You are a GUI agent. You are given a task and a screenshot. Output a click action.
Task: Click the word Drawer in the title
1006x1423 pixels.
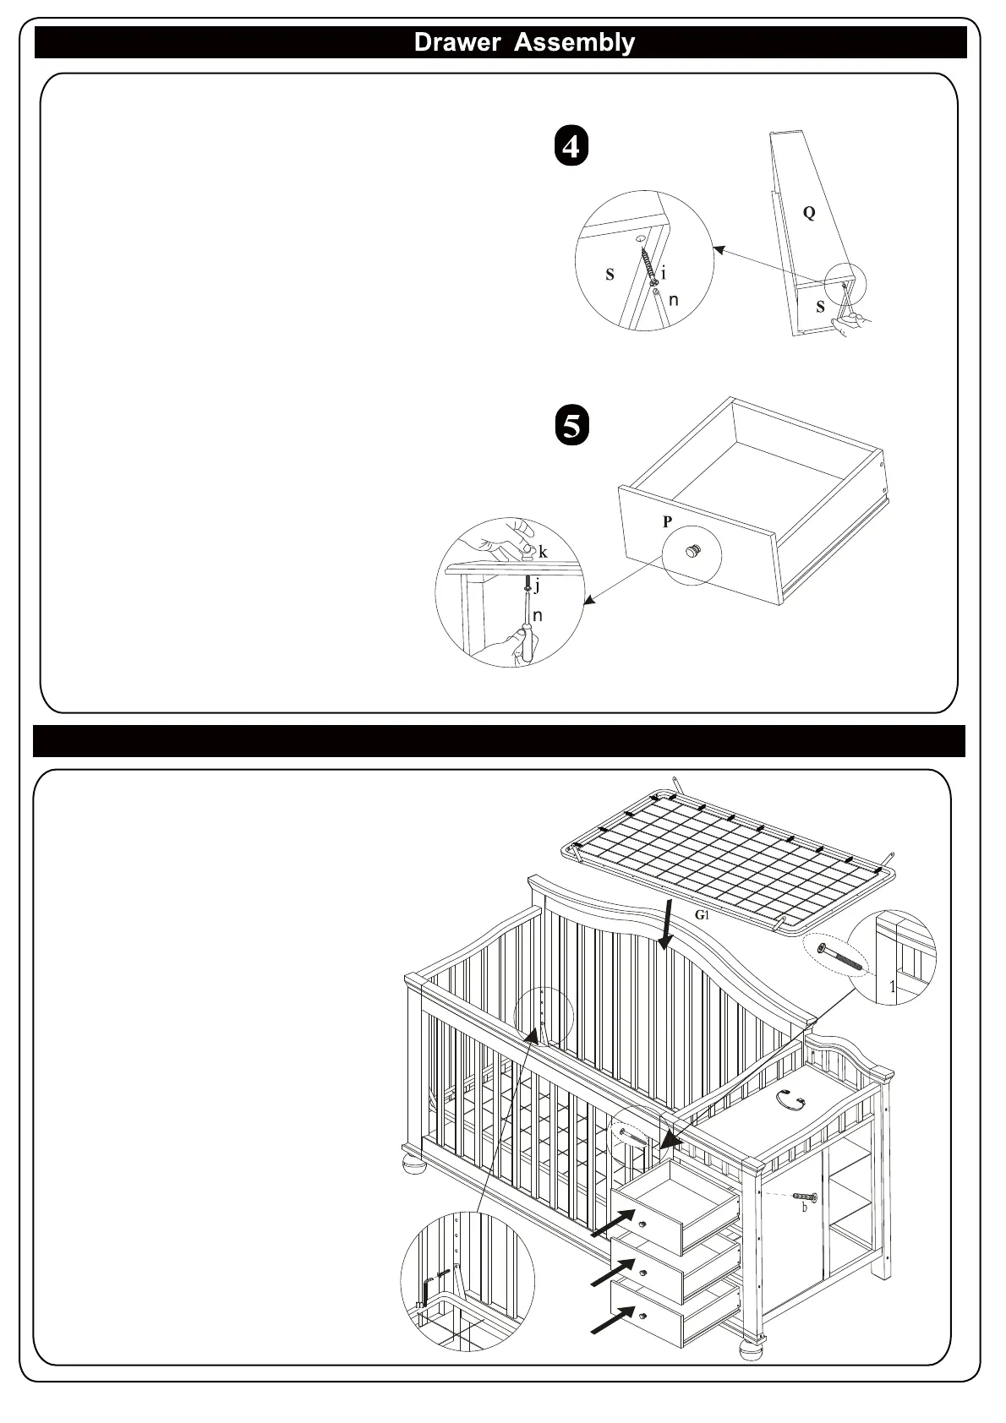456,42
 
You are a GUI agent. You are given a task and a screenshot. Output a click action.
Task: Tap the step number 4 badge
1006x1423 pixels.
571,146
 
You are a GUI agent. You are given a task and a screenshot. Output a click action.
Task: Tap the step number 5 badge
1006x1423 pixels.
572,425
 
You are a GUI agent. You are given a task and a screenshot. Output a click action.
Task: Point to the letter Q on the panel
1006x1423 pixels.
809,213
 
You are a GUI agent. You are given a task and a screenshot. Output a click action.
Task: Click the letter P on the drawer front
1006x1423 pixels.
667,522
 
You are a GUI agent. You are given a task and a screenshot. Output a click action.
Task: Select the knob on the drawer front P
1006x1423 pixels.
693,552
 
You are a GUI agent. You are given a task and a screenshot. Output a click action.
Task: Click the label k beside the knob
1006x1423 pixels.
543,552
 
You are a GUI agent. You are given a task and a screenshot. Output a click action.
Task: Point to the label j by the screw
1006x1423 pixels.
537,585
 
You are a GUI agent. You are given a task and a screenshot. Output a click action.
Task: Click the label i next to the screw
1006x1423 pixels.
664,273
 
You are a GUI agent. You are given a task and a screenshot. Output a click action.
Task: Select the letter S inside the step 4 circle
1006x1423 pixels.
610,275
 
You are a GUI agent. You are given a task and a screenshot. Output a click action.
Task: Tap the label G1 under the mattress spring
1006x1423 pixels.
701,915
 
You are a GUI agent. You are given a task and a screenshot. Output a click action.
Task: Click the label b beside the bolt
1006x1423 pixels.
804,1208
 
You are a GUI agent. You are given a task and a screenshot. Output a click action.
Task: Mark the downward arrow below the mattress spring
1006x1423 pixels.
668,925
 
